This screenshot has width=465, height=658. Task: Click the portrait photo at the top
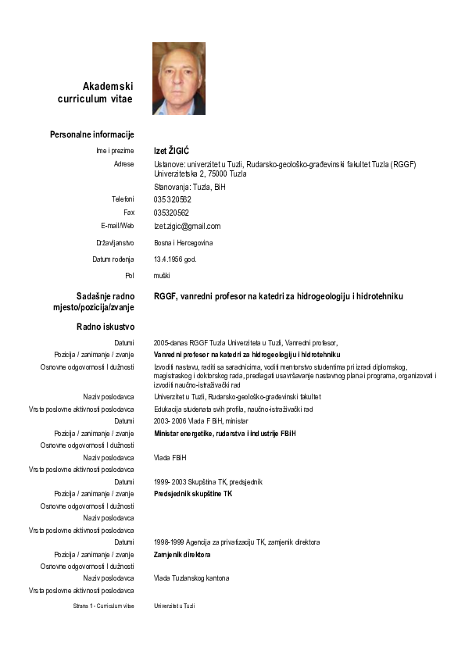coord(178,78)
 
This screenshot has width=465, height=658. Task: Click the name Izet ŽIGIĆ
coord(171,150)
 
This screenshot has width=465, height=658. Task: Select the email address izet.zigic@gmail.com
coord(187,227)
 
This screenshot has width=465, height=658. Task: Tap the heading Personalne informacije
coord(92,134)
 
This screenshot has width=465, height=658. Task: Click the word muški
coord(162,275)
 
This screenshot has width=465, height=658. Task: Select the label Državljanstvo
coord(115,243)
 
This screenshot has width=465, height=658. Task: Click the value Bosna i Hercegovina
coord(183,243)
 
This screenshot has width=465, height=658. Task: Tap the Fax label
coord(129,213)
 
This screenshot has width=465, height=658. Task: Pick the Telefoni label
coord(123,199)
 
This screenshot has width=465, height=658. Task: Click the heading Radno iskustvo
coord(106,326)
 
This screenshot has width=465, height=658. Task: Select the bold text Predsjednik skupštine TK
coord(193,494)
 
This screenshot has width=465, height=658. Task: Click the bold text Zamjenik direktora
coord(182,554)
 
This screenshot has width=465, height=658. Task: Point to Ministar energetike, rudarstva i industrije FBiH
coord(225,433)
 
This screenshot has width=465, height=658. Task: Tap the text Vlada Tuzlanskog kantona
coord(191,578)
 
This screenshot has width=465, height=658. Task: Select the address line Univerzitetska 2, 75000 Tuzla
coord(200,173)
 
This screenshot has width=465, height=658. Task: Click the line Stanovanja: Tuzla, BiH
coord(189,188)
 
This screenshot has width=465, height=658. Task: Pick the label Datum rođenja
coord(113,259)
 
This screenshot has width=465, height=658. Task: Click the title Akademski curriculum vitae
coord(96,92)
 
